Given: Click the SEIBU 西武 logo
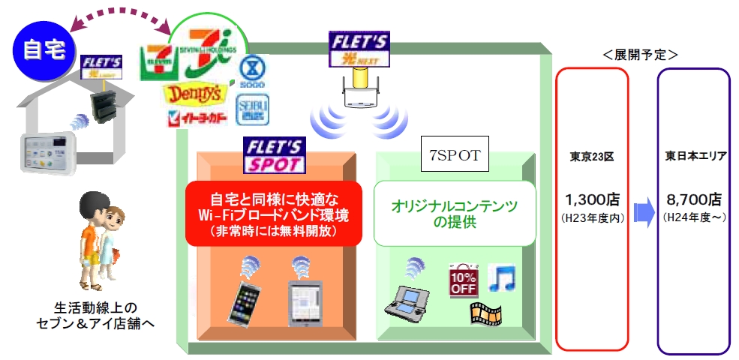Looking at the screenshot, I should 252,109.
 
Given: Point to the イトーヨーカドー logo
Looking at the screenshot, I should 197,118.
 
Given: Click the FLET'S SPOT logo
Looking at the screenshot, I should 273,155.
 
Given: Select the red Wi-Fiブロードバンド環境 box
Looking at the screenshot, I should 274,212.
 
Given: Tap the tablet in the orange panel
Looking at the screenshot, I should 305,301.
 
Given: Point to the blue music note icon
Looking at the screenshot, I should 501,278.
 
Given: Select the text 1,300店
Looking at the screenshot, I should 592,201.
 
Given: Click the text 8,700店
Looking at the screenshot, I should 693,201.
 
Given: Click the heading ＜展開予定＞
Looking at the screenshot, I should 639,54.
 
